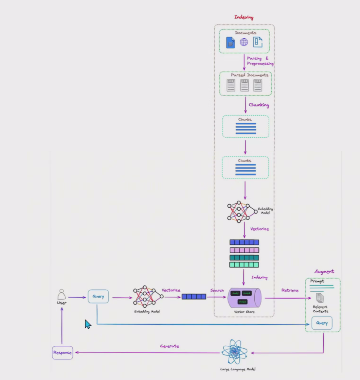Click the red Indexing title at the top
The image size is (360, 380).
[x=244, y=17]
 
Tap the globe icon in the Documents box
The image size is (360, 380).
[x=244, y=42]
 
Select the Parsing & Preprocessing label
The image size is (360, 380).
[x=260, y=61]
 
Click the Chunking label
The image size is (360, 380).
[x=259, y=105]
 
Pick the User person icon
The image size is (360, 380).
[x=62, y=294]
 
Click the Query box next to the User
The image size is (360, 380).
[x=98, y=297]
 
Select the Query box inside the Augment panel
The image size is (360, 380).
[x=322, y=323]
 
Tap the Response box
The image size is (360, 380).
[x=63, y=353]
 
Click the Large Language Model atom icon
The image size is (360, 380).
[x=234, y=352]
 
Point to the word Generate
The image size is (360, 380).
[x=170, y=346]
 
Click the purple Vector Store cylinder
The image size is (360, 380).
[x=244, y=297]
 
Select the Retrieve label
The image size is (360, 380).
[x=290, y=290]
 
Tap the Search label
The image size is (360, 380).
[x=217, y=290]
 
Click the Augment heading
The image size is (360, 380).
[x=324, y=271]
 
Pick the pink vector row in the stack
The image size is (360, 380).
[x=244, y=250]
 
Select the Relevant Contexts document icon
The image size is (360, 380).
[x=320, y=298]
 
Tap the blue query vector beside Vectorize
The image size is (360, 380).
[x=194, y=297]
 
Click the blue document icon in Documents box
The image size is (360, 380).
[x=230, y=43]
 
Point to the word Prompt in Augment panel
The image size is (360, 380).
[x=317, y=281]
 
